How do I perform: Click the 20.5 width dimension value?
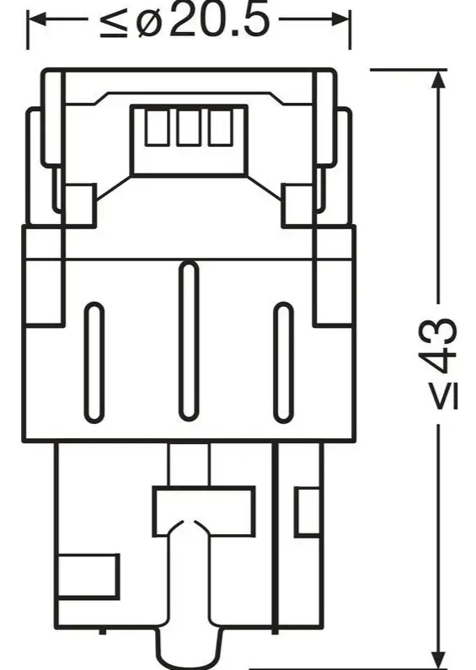219,20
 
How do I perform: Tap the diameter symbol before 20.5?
150,21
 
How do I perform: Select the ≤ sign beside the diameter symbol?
114,22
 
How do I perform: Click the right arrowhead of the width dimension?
340,19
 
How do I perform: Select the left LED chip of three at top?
156,127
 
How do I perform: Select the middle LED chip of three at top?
188,127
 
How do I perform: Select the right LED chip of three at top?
221,127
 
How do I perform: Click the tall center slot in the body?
189,340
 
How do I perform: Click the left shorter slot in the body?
94,362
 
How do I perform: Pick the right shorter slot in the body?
283,362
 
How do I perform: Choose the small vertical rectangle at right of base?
308,512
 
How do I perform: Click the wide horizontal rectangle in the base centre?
204,511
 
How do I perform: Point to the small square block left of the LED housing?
79,206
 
